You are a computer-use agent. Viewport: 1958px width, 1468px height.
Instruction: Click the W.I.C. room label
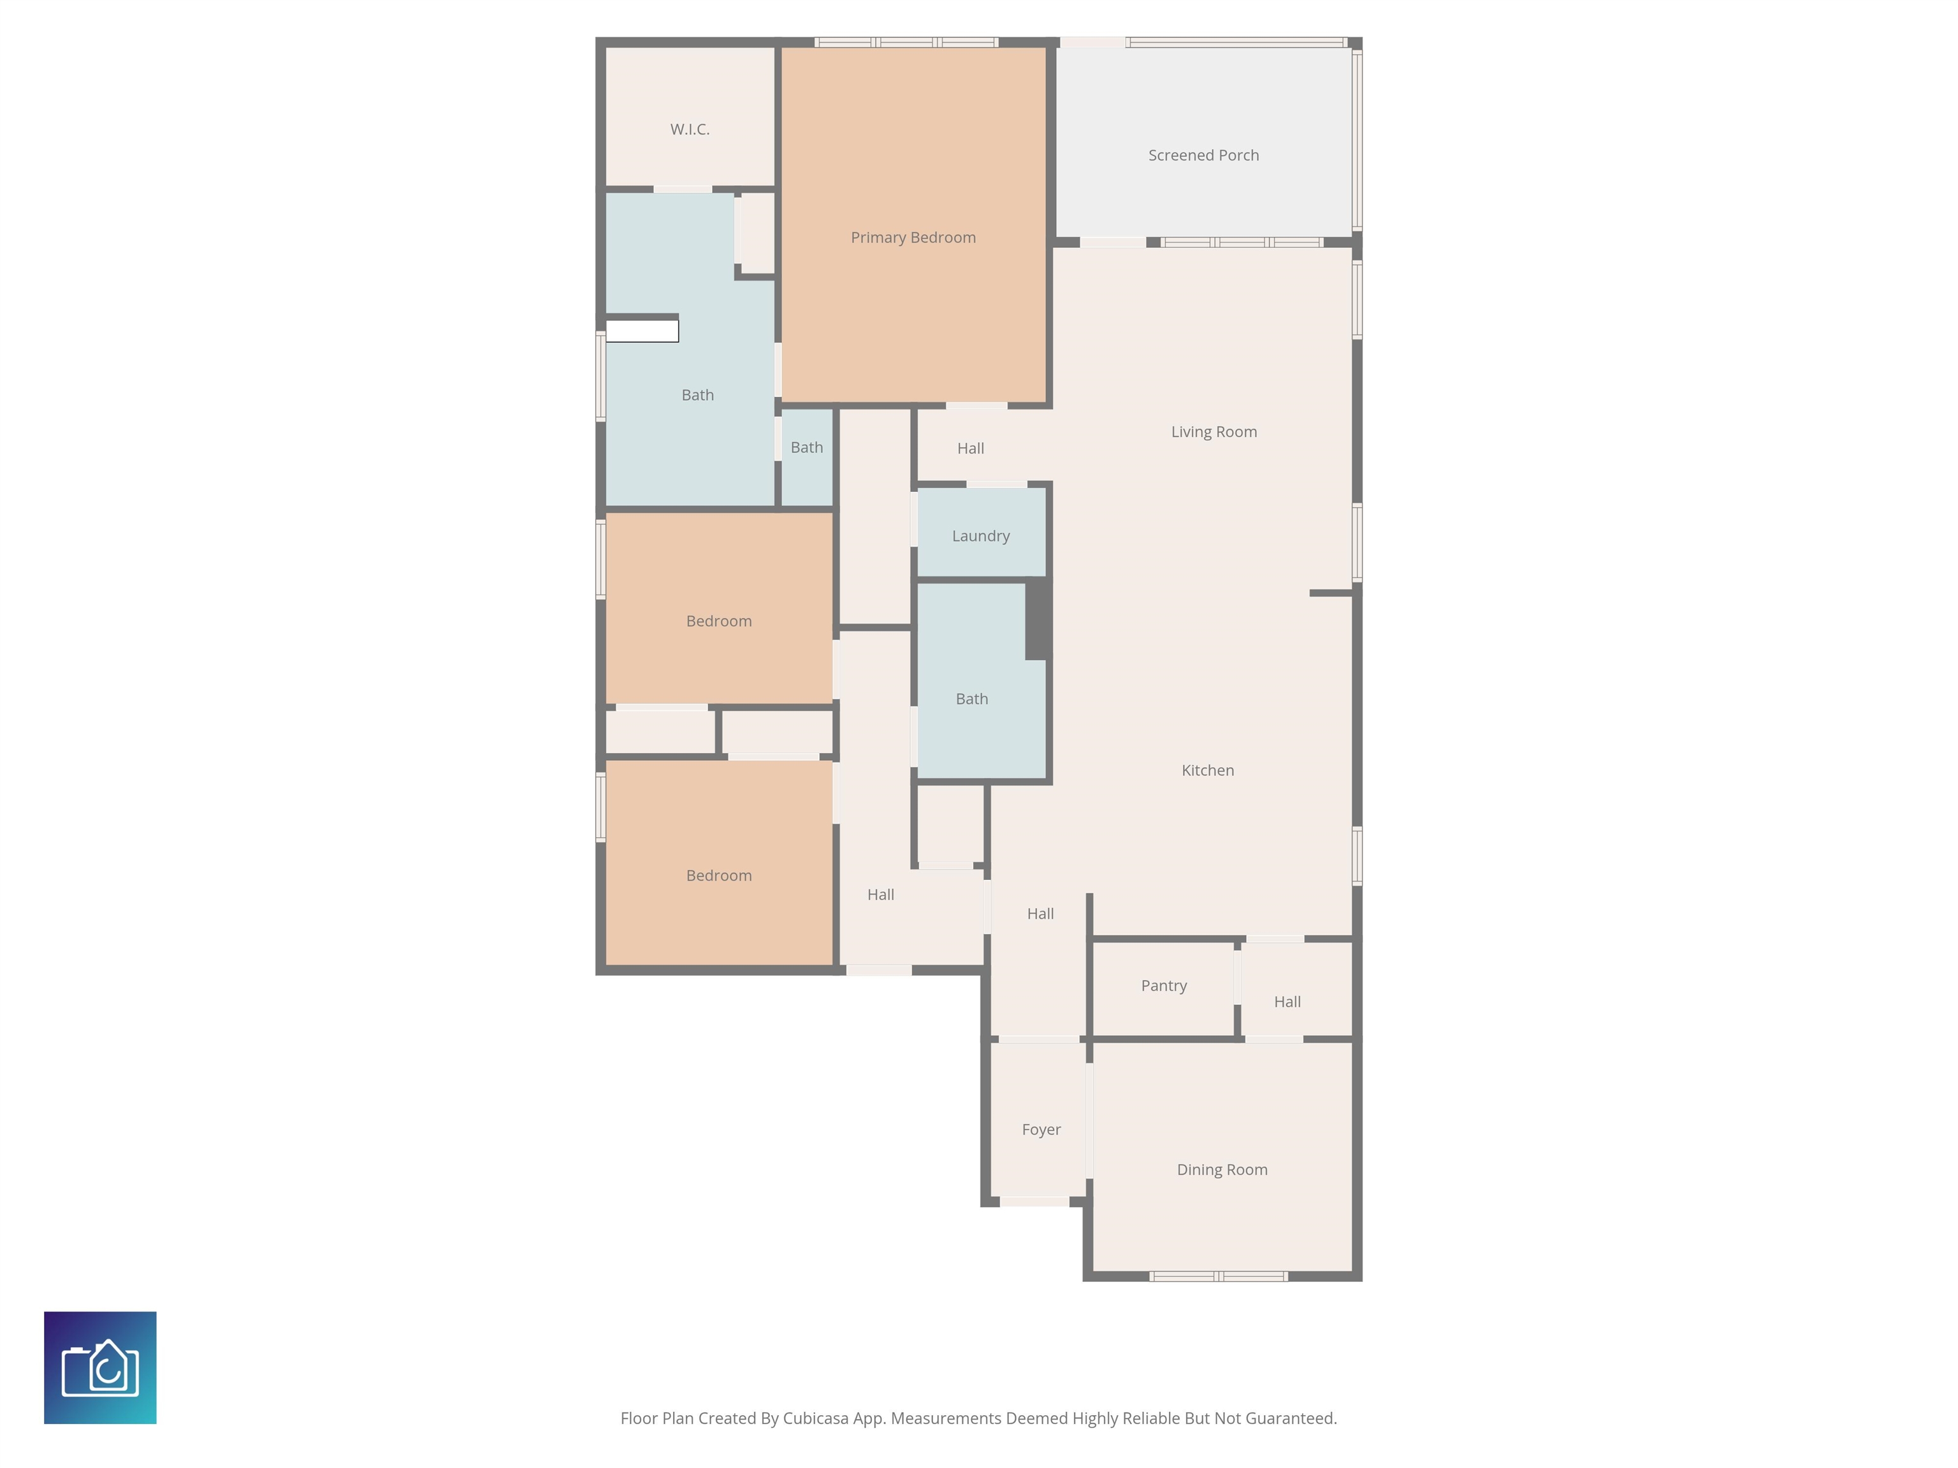pyautogui.click(x=690, y=129)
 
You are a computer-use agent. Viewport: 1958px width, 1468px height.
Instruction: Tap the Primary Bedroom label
pyautogui.click(x=913, y=237)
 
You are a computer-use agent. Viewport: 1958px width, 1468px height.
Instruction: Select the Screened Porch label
pyautogui.click(x=1203, y=155)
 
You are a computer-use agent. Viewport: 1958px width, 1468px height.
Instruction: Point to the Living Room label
pyautogui.click(x=1214, y=432)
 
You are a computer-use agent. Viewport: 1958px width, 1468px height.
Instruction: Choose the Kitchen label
pyautogui.click(x=1207, y=771)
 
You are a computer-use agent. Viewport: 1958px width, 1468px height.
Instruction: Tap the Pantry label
pyautogui.click(x=1163, y=986)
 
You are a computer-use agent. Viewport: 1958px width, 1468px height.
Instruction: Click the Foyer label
pyautogui.click(x=1041, y=1130)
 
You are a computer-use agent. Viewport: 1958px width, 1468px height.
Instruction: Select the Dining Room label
pyautogui.click(x=1222, y=1170)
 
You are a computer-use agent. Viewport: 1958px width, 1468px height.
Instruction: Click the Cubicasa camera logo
pyautogui.click(x=100, y=1367)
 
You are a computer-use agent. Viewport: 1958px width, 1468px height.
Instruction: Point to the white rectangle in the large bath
pyautogui.click(x=642, y=331)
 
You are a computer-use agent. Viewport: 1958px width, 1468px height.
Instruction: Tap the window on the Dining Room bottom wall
pyautogui.click(x=1218, y=1276)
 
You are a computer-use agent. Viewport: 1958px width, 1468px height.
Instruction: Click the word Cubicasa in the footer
pyautogui.click(x=815, y=1418)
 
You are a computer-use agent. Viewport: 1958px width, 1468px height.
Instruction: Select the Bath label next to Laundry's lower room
pyautogui.click(x=971, y=699)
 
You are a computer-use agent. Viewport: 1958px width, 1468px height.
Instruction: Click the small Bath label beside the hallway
pyautogui.click(x=806, y=448)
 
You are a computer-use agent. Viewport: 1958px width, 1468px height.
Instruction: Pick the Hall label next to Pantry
pyautogui.click(x=1287, y=1002)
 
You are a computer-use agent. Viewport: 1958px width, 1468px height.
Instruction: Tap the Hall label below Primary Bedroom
pyautogui.click(x=970, y=449)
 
